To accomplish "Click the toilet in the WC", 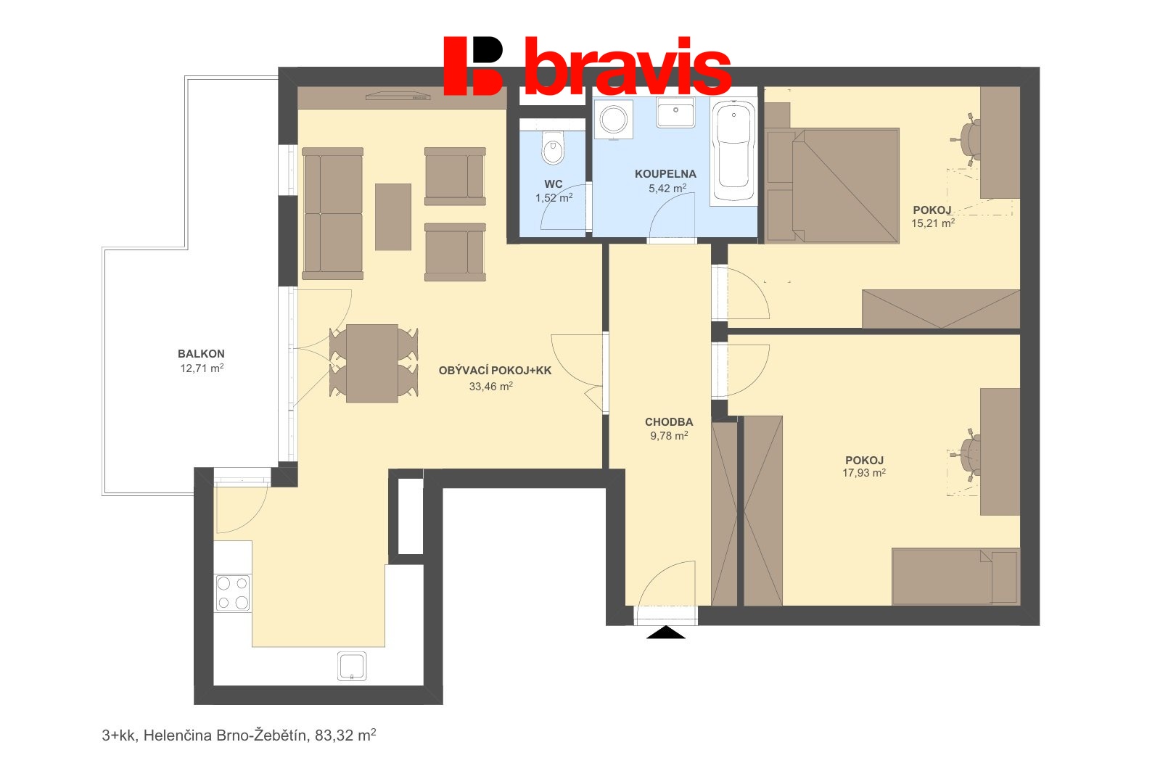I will point(553,148).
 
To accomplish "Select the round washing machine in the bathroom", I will point(614,120).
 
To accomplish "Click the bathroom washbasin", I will point(675,112).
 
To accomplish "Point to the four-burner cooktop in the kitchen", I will point(233,593).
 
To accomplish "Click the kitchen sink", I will point(352,666).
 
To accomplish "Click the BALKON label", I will point(201,354).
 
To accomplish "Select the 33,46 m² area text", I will point(491,387).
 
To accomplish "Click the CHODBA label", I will point(669,422).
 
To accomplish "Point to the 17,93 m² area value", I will point(864,473).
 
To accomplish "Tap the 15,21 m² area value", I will point(933,223).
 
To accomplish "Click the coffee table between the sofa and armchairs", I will point(393,217).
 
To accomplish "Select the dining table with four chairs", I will point(372,363).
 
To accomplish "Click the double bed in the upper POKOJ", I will point(834,186).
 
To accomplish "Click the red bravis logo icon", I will point(472,65).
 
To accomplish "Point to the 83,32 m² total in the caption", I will point(345,735).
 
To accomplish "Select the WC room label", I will point(554,184).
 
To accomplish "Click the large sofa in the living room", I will point(333,213).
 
